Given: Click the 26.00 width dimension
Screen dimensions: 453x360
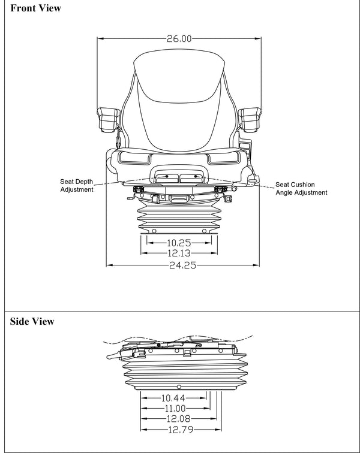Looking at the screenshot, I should tap(179, 39).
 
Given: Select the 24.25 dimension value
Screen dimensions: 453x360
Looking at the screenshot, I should tap(182, 265).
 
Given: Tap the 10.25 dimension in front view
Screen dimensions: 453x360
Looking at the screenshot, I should tap(179, 243).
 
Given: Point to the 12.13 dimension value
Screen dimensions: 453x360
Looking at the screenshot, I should tap(179, 254).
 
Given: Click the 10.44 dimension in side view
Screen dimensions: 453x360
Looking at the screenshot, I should tap(173, 397).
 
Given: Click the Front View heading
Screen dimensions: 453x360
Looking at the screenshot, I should tap(35, 8).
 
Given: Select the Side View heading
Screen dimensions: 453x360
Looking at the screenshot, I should tap(32, 322).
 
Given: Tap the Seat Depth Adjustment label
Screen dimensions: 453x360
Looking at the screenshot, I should tap(77, 185).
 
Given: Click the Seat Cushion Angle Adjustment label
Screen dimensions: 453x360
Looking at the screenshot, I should tap(301, 189).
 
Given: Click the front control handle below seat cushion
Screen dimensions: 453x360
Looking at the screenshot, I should tap(179, 177).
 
